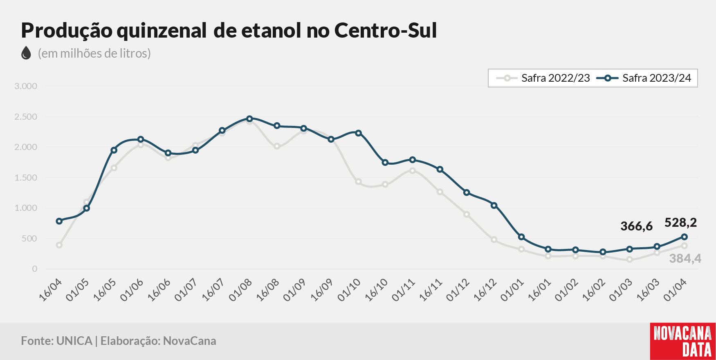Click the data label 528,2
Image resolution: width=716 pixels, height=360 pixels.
tap(680, 223)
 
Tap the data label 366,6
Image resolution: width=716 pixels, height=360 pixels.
tap(636, 226)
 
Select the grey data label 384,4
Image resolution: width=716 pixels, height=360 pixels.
tap(685, 258)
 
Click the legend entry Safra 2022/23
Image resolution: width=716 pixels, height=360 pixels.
tap(543, 78)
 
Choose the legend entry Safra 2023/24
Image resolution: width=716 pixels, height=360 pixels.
tap(644, 78)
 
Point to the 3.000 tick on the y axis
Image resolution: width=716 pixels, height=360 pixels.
tap(26, 86)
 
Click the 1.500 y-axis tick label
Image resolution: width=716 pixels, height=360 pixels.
tap(26, 178)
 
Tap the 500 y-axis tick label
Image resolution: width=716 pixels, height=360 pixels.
tap(29, 239)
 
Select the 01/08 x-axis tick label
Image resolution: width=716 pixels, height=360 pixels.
tap(240, 291)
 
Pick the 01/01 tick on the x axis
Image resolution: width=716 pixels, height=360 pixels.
tap(512, 291)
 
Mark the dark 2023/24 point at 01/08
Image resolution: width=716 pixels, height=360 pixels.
tap(249, 119)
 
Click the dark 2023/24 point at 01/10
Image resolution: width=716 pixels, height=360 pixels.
tap(358, 133)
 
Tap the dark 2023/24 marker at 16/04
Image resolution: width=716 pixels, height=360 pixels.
tap(59, 221)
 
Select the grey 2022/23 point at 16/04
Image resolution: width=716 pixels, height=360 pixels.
tap(59, 245)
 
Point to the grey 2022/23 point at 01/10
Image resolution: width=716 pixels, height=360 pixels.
tap(358, 182)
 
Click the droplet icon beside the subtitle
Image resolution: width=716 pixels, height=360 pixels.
tap(26, 53)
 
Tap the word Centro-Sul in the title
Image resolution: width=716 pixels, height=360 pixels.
tap(386, 30)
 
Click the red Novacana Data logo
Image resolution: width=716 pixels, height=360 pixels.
tap(683, 342)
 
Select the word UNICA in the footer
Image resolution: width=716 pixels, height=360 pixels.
tap(74, 341)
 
